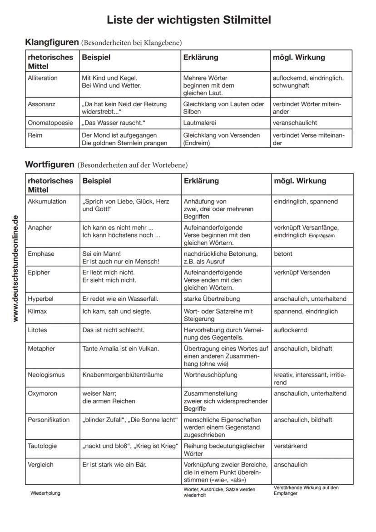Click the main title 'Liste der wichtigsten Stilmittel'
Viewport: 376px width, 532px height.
(x=188, y=20)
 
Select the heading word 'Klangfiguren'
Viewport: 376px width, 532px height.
(x=52, y=43)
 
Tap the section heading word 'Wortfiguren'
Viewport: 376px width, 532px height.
(x=49, y=164)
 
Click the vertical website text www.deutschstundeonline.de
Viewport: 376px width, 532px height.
(x=16, y=268)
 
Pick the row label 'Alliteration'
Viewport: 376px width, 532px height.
(x=43, y=78)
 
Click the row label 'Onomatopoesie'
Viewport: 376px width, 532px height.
(x=50, y=123)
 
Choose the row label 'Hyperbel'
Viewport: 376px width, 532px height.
(x=41, y=299)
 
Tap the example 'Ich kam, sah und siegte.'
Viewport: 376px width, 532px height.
(x=117, y=312)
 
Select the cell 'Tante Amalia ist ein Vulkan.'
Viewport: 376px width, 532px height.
(x=121, y=348)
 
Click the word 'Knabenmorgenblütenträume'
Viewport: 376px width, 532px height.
(x=123, y=375)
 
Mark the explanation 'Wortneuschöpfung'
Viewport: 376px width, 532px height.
(x=210, y=375)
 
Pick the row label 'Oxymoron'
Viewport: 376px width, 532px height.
(x=43, y=393)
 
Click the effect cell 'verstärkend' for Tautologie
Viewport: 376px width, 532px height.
(x=291, y=446)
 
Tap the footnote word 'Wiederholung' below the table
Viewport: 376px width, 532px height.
(x=45, y=493)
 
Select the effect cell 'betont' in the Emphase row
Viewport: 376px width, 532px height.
(x=283, y=254)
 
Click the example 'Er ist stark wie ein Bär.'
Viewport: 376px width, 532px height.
(x=114, y=465)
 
